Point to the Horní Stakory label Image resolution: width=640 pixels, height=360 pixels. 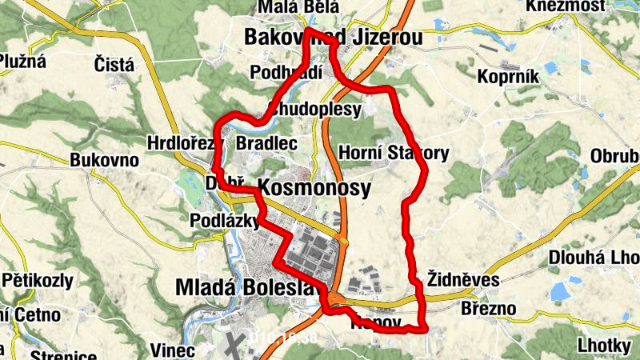[x=394, y=152]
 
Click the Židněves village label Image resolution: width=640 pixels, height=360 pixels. [x=463, y=280]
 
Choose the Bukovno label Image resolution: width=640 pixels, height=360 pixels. [x=104, y=160]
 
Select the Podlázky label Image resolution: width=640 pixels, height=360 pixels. [x=223, y=220]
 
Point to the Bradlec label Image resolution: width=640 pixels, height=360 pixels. [x=267, y=143]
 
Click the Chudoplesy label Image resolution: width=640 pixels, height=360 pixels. [x=316, y=109]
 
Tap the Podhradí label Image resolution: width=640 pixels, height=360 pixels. [x=286, y=72]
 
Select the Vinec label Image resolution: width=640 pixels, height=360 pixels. [x=173, y=350]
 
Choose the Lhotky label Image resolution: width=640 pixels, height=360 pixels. [x=605, y=346]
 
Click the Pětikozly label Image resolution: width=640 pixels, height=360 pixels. [x=38, y=281]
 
